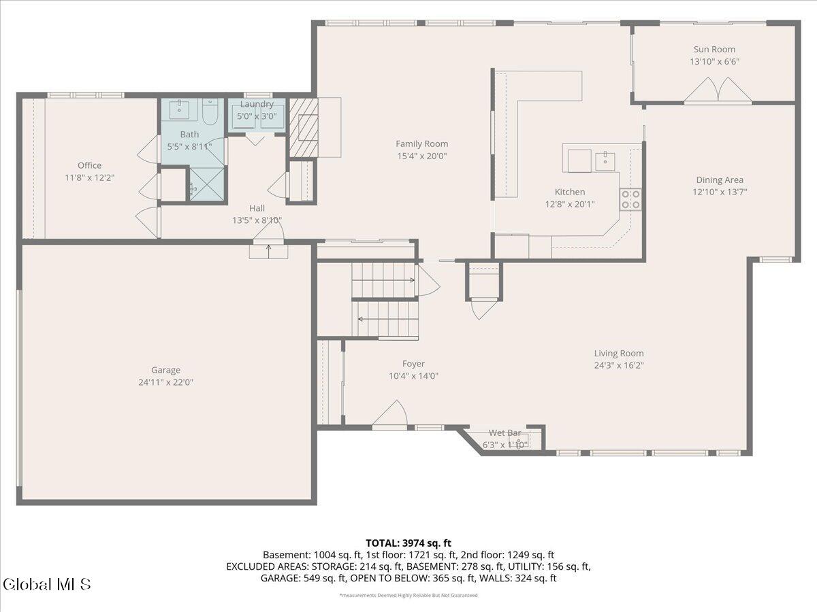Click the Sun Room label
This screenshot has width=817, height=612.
coord(714,49)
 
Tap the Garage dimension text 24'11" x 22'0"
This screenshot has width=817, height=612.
coord(165,382)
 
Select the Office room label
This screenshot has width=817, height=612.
coord(89,165)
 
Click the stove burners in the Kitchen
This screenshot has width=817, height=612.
coord(630,199)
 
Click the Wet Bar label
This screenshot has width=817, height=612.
coord(504,433)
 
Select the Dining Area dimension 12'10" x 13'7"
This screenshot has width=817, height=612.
coord(719,192)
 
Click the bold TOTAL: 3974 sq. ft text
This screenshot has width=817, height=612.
coord(408,543)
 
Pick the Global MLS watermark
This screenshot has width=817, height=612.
coord(46,584)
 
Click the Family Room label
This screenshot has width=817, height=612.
coord(422,143)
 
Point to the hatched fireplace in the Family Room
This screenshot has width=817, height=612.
coord(304,127)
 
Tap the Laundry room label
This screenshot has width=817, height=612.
coord(257,104)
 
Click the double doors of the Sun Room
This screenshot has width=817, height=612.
coord(718,91)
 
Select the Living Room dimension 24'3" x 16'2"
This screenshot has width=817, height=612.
coord(618,365)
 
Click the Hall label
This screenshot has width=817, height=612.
coord(257,208)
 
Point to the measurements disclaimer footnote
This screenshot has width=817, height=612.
coord(408,595)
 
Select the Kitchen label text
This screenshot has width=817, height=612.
coord(570,192)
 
